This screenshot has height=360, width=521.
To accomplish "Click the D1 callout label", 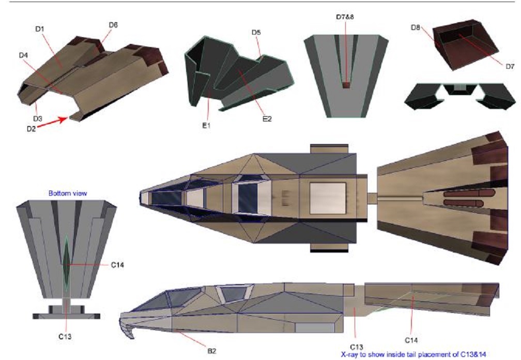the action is click(x=39, y=29).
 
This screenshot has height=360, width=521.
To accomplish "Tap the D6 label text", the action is click(x=113, y=25).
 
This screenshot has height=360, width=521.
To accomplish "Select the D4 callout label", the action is click(x=23, y=55).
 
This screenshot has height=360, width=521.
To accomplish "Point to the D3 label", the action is click(x=38, y=119).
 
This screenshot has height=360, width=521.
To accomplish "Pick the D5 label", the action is click(x=256, y=33).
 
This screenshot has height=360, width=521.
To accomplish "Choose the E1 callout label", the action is click(x=206, y=126).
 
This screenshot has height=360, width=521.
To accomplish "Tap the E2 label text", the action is click(x=267, y=119).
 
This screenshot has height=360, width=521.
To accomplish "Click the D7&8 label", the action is click(x=345, y=17).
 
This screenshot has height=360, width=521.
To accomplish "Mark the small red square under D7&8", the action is click(x=346, y=85).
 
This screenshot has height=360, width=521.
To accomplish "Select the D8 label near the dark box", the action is click(x=416, y=27).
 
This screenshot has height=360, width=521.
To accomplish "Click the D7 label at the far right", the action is click(x=510, y=67).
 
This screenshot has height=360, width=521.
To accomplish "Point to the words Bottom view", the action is click(x=68, y=193).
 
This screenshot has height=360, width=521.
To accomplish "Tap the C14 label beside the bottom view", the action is click(x=117, y=265).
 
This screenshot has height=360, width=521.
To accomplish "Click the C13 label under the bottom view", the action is click(x=65, y=337).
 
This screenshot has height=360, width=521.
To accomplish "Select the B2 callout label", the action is click(x=212, y=351).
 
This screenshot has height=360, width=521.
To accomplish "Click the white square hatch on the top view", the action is click(x=328, y=198).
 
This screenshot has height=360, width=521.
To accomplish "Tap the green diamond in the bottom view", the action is click(x=67, y=264).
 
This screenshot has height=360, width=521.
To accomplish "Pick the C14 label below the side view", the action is click(x=411, y=340).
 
